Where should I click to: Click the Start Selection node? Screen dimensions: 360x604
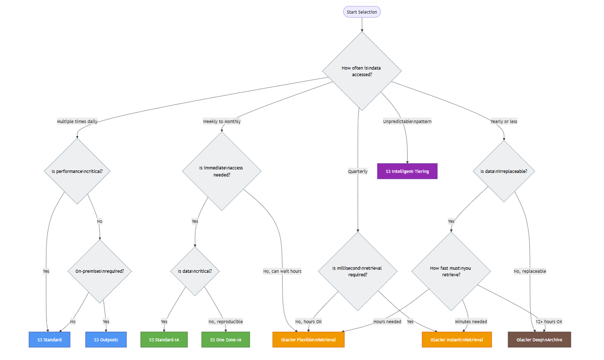click(x=362, y=12)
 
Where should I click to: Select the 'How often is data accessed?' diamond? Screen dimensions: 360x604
click(x=362, y=71)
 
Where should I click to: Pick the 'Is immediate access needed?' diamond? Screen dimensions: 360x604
click(x=222, y=171)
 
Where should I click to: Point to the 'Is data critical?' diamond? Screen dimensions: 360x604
click(x=195, y=271)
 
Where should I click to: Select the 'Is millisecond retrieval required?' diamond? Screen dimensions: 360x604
click(x=357, y=271)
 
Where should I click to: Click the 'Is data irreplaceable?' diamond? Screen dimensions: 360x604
click(x=504, y=171)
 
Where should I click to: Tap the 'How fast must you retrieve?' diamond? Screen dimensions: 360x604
click(x=451, y=271)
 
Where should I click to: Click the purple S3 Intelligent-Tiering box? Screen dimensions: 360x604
click(x=407, y=171)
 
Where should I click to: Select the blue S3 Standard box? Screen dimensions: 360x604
click(x=49, y=340)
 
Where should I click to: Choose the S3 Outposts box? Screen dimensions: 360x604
click(x=105, y=340)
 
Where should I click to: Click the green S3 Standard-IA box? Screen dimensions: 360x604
click(x=164, y=340)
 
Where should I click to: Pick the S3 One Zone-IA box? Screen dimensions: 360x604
click(x=226, y=340)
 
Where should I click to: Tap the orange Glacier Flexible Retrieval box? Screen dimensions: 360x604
click(x=308, y=340)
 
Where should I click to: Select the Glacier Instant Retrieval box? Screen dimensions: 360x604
click(x=457, y=340)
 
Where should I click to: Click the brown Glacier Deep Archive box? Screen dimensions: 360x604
click(x=539, y=340)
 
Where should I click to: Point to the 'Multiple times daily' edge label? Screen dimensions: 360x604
click(x=77, y=122)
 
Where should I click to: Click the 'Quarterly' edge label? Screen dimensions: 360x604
click(x=357, y=171)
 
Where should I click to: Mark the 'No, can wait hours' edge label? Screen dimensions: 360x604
click(x=282, y=271)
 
